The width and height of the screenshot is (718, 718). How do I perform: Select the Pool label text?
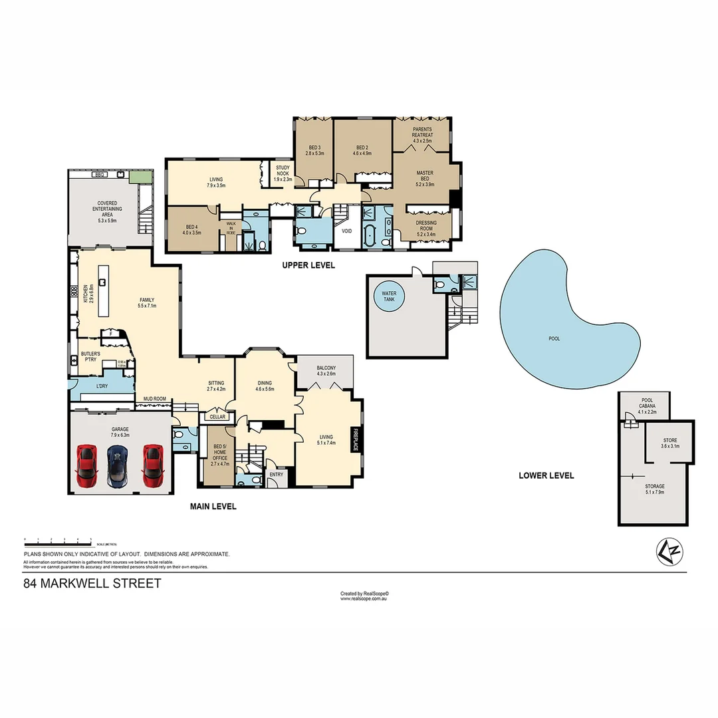(x=554, y=338)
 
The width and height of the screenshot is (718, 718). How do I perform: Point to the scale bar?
(x=58, y=540)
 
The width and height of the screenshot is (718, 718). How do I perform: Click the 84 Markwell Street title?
(x=92, y=584)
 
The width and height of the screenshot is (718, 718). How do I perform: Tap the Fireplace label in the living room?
(x=356, y=440)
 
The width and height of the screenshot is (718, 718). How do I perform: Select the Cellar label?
(x=217, y=417)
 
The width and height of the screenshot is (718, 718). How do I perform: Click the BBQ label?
(x=100, y=174)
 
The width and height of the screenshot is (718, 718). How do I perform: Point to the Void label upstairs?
(x=346, y=231)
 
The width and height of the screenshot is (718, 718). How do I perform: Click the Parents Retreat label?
(x=422, y=132)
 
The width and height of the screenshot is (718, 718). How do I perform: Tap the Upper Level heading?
(x=308, y=265)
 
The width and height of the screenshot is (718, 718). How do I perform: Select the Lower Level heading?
(x=546, y=475)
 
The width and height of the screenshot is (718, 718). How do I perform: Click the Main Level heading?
(x=213, y=507)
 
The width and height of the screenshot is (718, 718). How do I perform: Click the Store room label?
(x=669, y=443)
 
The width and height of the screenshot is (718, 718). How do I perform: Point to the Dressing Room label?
(x=426, y=226)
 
